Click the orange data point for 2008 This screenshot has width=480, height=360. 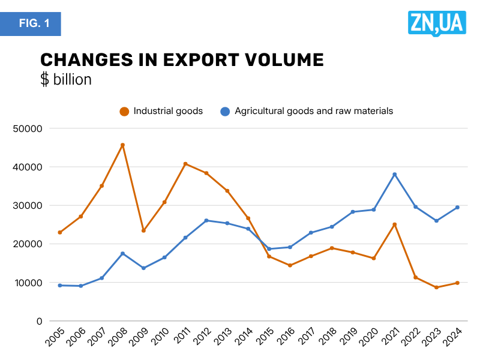point(122,145)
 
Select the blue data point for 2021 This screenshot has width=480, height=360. point(395,175)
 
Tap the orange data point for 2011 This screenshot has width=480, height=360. point(185,164)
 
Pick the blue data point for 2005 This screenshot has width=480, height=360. point(60,286)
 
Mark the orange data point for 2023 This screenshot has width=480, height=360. point(437,287)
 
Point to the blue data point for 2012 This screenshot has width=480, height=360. point(206,221)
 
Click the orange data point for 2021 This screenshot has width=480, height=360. point(395,224)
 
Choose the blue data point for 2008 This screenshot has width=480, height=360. point(122,253)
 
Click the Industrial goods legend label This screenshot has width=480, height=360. point(168,111)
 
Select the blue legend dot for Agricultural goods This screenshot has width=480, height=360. point(226,111)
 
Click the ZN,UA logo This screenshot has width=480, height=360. point(436,23)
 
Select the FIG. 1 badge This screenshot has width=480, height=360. point(31,24)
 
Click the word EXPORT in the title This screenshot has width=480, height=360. point(205,60)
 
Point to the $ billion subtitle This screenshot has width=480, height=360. point(66,79)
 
